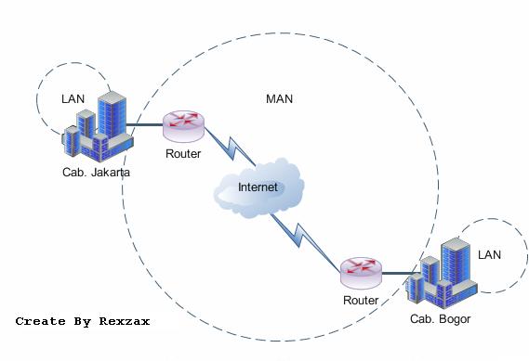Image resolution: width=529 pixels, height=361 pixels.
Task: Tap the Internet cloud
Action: click(258, 189)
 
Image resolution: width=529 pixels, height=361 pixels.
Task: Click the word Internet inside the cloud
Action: click(258, 187)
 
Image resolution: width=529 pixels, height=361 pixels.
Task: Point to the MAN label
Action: click(280, 98)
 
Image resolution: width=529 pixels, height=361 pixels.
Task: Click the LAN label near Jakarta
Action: click(73, 97)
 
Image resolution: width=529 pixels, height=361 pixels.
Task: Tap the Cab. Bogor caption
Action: click(440, 319)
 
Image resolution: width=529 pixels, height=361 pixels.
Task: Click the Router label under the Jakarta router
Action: click(182, 154)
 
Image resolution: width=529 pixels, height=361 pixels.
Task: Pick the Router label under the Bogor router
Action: click(360, 301)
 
